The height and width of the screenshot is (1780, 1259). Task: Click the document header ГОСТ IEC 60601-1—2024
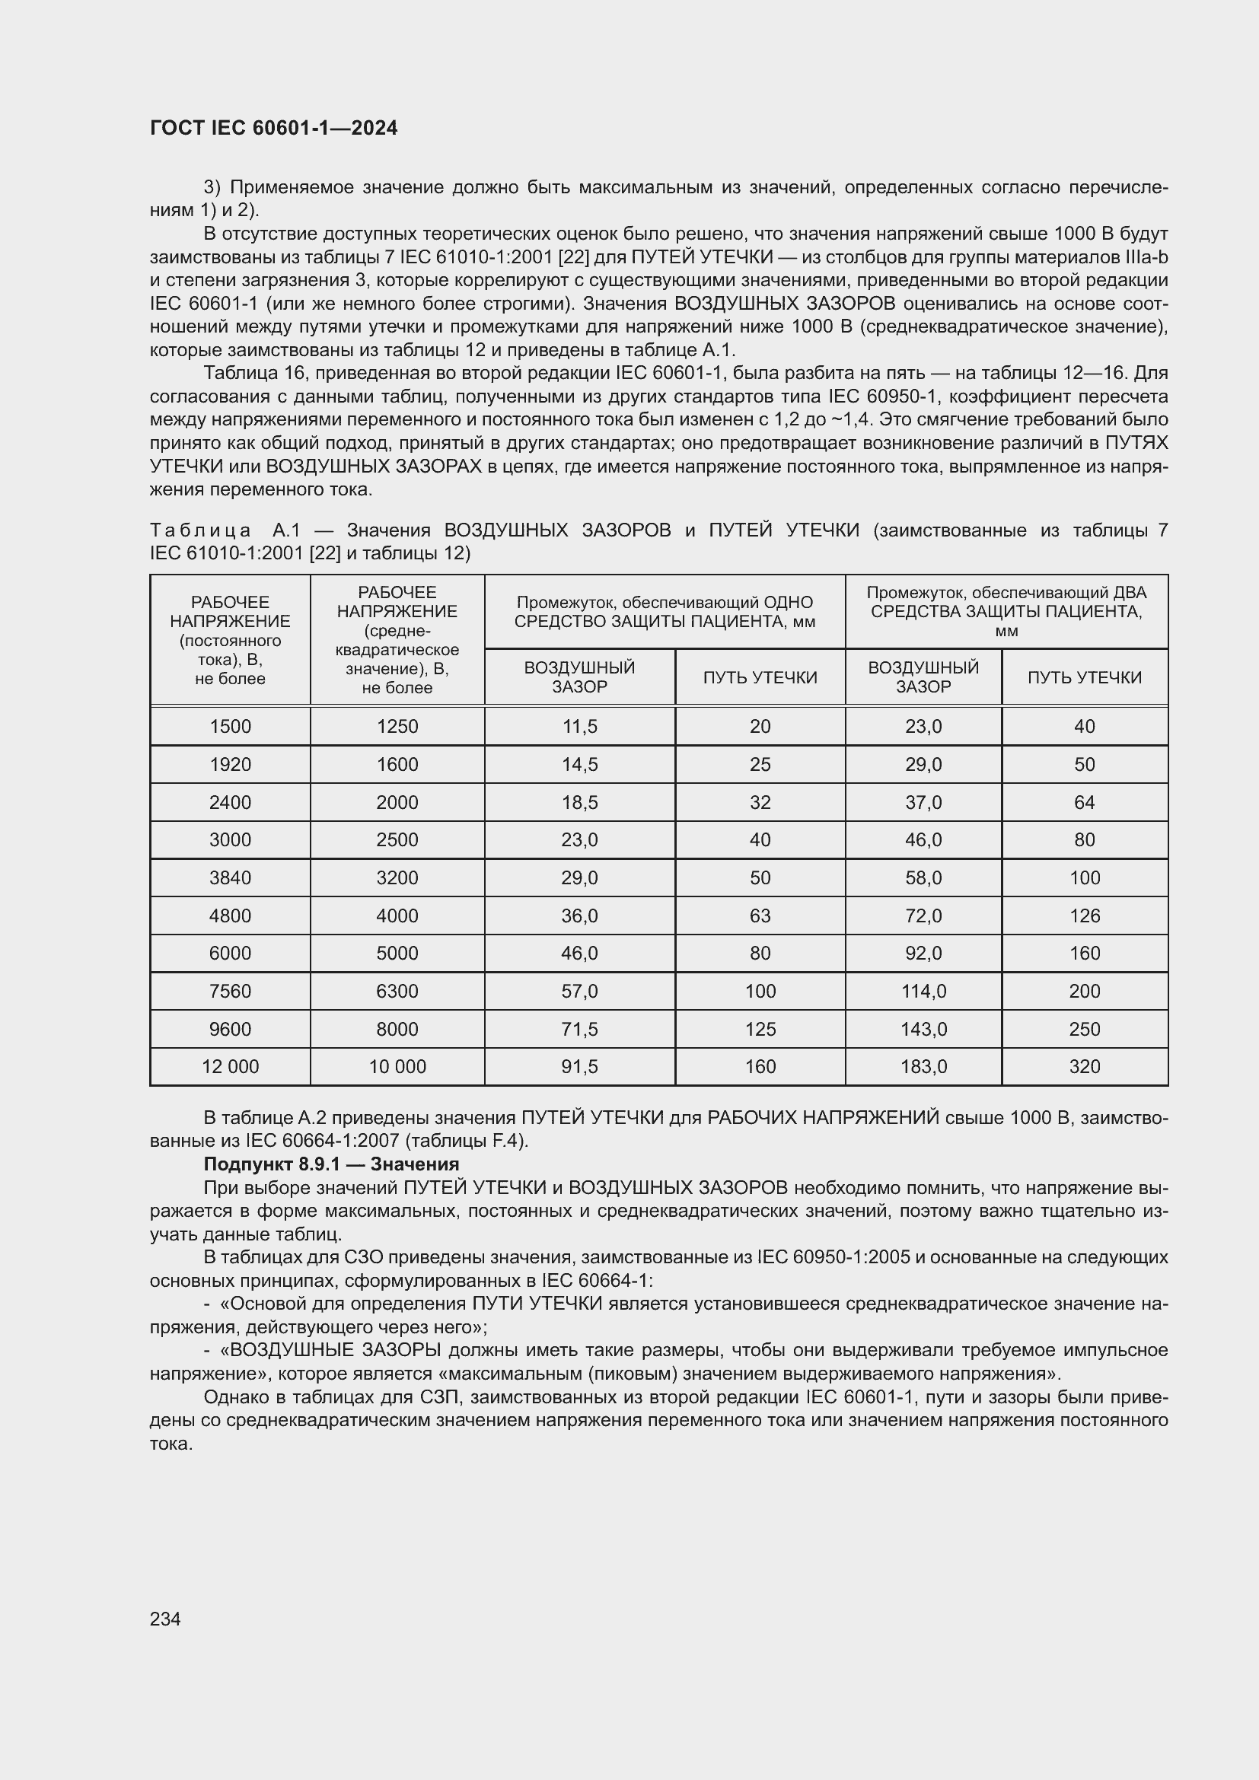click(x=274, y=129)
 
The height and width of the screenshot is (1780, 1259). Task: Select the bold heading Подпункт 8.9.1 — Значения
click(x=331, y=1164)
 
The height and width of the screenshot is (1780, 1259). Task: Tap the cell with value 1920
click(x=230, y=764)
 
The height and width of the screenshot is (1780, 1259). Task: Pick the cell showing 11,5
click(x=580, y=727)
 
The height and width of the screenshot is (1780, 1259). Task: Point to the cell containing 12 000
click(x=230, y=1067)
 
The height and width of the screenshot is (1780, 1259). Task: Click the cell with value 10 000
click(x=397, y=1067)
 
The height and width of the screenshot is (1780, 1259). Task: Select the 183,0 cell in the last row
click(x=923, y=1067)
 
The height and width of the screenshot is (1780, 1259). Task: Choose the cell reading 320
click(x=1085, y=1067)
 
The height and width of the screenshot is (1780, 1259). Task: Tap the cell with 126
click(x=1085, y=915)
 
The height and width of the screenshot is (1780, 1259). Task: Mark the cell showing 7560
click(x=230, y=991)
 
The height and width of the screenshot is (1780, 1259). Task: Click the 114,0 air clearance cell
click(x=923, y=991)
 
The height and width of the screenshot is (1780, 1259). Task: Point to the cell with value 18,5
click(x=580, y=802)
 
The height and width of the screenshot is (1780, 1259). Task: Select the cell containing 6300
click(x=397, y=991)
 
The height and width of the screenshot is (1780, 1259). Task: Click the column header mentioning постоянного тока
click(x=230, y=640)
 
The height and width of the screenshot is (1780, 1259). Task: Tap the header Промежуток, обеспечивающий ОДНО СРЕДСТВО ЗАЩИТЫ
click(x=665, y=612)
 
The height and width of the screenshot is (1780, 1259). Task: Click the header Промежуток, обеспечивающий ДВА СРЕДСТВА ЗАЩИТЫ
click(x=1006, y=612)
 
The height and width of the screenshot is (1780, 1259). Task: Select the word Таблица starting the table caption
click(x=200, y=530)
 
